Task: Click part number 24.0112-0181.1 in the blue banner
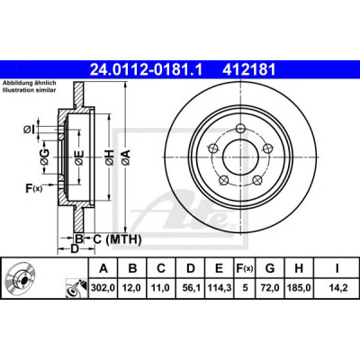tap(147, 70)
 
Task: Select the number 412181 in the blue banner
tap(248, 70)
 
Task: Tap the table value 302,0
tap(103, 288)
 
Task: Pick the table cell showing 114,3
tap(220, 288)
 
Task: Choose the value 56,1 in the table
tap(191, 288)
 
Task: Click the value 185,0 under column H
tap(299, 288)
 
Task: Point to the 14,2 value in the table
tap(337, 288)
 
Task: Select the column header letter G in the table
tap(270, 268)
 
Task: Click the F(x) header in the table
tap(245, 268)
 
